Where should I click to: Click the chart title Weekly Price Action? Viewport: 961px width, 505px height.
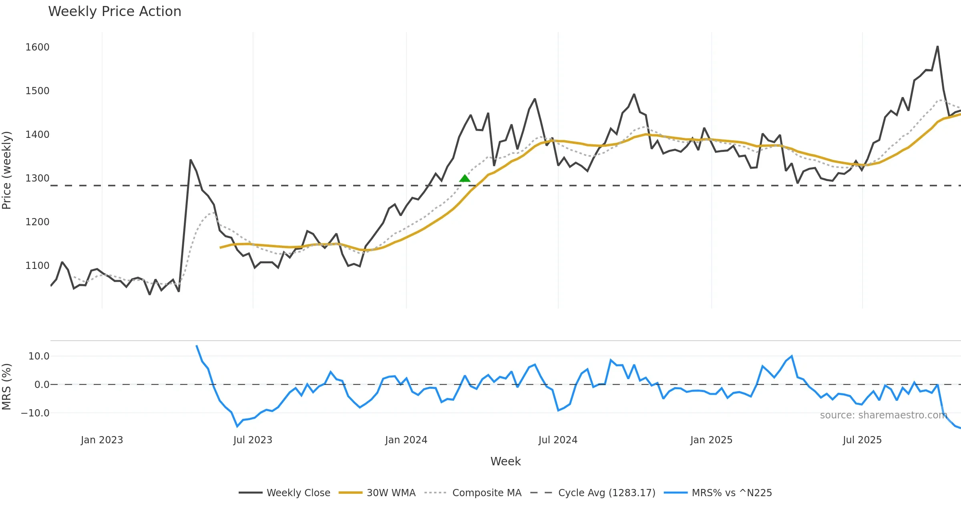coord(115,12)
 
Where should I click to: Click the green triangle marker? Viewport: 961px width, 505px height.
coord(464,178)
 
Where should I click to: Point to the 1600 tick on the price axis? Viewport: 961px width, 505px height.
coord(37,47)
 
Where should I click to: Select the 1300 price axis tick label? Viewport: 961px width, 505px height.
coord(37,178)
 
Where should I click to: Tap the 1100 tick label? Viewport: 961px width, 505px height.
coord(37,266)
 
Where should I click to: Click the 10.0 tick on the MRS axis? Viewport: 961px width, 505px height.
coord(39,356)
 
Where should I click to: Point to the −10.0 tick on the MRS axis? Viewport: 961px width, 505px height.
coord(35,413)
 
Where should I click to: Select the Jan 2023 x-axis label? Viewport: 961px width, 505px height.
coord(102,440)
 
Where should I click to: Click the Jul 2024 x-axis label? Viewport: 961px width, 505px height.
coord(558,440)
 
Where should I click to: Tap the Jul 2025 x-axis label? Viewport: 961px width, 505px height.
coord(862,440)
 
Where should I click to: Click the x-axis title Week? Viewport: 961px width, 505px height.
coord(505,462)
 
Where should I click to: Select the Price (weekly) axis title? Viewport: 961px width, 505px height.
coord(7,170)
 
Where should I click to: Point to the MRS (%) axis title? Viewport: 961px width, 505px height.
coord(7,387)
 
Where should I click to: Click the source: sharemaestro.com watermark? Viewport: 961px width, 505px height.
coord(883,415)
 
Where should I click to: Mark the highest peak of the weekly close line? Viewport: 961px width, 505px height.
coord(937,46)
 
